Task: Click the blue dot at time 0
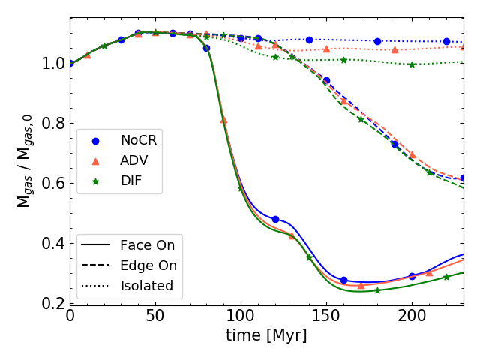pos(70,63)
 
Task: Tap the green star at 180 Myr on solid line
pos(377,290)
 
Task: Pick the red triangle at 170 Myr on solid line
pos(361,285)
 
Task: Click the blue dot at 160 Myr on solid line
pos(343,280)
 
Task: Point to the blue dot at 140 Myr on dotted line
pos(309,40)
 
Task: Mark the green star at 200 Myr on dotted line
pos(412,64)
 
